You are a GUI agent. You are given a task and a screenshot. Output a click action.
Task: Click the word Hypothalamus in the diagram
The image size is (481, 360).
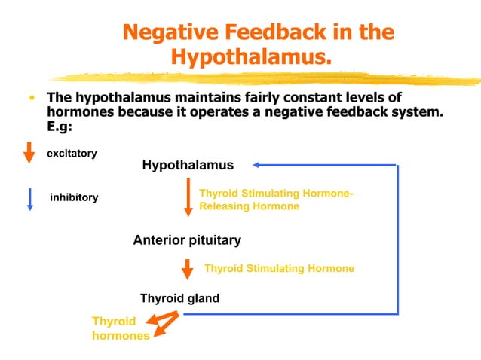[x=188, y=165]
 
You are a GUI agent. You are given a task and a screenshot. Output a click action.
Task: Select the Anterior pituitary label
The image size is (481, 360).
[x=187, y=240]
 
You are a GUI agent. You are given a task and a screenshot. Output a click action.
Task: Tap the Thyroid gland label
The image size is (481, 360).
[x=179, y=298]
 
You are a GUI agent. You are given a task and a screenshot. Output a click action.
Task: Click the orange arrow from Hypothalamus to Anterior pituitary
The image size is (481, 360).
[x=188, y=197]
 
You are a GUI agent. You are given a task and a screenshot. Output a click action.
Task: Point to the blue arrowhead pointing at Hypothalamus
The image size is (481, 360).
[x=258, y=164]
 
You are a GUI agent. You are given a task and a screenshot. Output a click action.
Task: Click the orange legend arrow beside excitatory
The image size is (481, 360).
[x=29, y=151]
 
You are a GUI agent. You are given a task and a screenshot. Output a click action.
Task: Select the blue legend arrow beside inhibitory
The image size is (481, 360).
[x=29, y=198]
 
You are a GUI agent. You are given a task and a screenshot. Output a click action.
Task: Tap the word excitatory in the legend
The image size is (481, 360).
[x=72, y=154]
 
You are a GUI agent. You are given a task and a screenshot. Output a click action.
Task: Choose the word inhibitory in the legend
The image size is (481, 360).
[x=73, y=197]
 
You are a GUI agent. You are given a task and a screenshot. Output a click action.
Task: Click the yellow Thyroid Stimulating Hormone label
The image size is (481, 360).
[x=279, y=268]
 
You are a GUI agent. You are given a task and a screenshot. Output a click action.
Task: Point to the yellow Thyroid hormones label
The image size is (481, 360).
[x=120, y=328]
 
